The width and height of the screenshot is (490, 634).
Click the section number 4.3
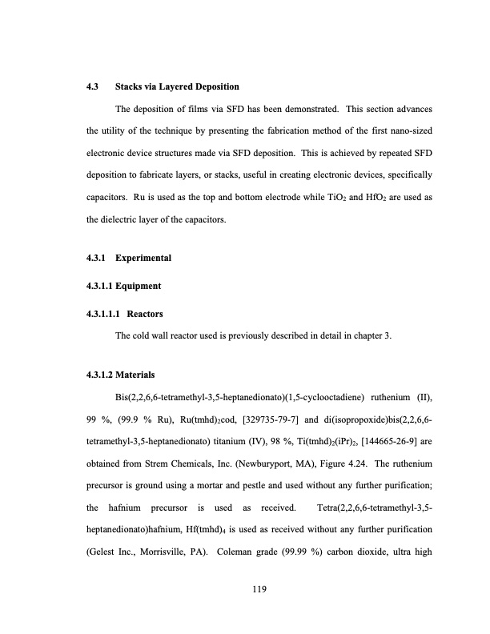(93, 86)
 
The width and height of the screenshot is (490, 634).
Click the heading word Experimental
(143, 258)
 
